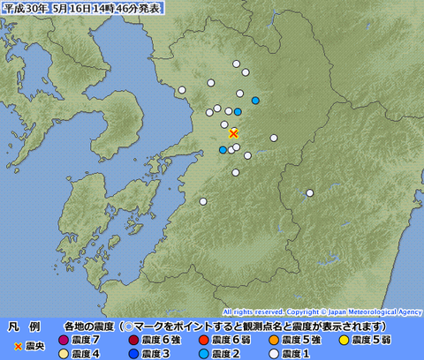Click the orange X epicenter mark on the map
click(233, 133)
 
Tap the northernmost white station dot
click(237, 64)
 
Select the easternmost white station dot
click(310, 193)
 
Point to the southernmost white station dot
click(203, 202)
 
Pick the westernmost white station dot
click(182, 90)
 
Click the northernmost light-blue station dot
click(255, 101)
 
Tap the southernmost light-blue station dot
click(223, 150)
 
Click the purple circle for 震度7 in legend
click(63, 340)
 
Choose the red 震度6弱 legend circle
click(203, 340)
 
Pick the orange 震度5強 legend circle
click(274, 340)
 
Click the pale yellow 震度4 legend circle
click(63, 353)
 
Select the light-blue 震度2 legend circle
click(203, 353)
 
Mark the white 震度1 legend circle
click(274, 353)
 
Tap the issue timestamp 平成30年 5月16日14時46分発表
click(82, 7)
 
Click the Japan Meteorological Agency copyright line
click(322, 311)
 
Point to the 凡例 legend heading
click(24, 326)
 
